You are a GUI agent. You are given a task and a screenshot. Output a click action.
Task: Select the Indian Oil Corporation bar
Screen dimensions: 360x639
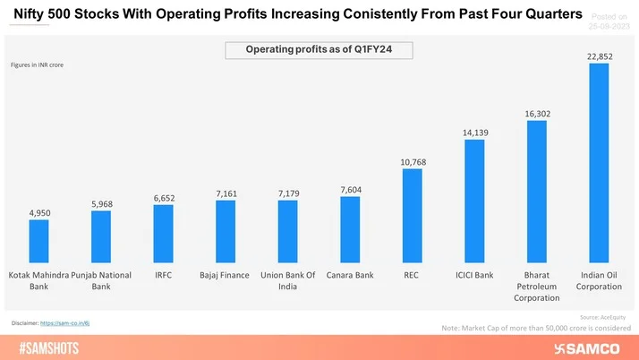(x=599, y=161)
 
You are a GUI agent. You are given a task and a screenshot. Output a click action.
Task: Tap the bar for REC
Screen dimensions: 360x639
(x=412, y=215)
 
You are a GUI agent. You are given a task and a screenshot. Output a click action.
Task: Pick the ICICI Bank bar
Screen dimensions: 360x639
(x=474, y=202)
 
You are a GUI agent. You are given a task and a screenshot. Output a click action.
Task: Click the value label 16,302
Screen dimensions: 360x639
(x=537, y=114)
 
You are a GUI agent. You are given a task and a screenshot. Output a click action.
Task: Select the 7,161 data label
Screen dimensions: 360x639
(x=226, y=193)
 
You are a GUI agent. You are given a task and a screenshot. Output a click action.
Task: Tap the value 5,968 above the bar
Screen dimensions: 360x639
(x=101, y=203)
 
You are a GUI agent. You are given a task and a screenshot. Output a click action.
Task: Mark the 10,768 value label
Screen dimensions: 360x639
(x=412, y=161)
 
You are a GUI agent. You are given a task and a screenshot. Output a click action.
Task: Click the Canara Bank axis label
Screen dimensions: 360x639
(x=350, y=274)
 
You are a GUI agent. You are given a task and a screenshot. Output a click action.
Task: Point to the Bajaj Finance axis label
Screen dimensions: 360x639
(x=226, y=274)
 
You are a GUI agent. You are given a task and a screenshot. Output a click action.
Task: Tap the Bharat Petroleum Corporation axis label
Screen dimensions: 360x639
(x=537, y=286)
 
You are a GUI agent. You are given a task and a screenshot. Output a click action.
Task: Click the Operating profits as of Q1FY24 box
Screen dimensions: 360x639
(x=319, y=51)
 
